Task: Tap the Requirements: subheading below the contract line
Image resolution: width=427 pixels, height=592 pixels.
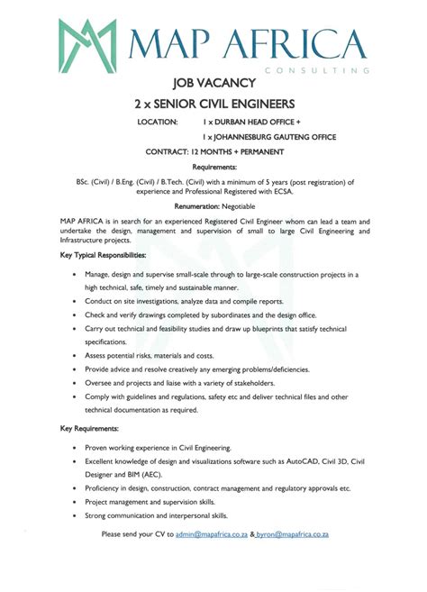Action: tap(214, 167)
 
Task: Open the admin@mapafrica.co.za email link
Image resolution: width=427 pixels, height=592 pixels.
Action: tap(212, 534)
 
